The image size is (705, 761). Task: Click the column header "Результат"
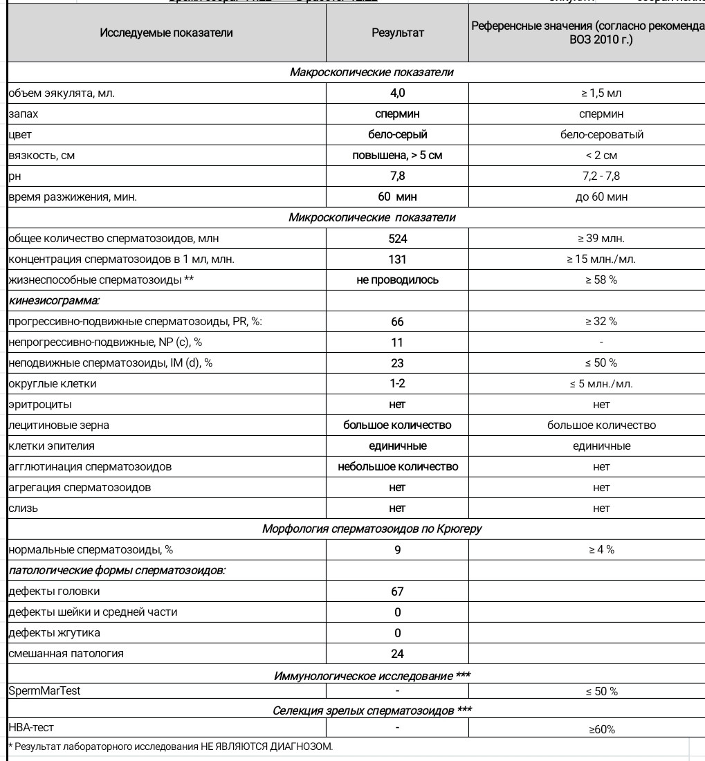397,33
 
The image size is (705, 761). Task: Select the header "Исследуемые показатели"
167,33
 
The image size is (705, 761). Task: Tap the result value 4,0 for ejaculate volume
397,93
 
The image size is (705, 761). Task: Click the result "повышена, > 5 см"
397,156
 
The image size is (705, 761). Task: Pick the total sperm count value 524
397,239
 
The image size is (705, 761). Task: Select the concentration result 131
397,259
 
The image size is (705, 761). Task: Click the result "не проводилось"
397,280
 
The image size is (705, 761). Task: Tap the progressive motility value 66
397,322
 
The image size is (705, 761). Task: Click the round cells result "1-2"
397,384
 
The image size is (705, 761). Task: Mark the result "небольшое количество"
397,467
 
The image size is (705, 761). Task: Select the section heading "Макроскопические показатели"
372,73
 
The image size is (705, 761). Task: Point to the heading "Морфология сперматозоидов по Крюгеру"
372,529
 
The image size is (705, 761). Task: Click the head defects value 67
397,592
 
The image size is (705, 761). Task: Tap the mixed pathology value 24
397,654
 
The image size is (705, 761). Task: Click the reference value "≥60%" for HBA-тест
601,729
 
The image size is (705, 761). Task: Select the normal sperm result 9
397,550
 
